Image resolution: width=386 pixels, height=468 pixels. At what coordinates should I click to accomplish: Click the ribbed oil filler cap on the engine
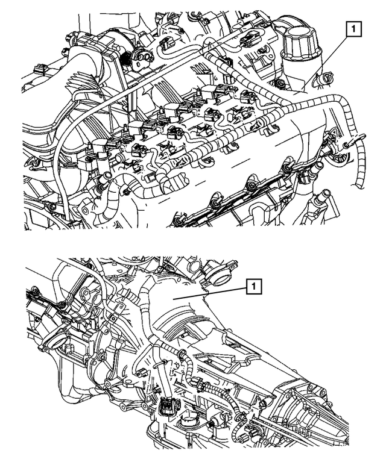(299, 46)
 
